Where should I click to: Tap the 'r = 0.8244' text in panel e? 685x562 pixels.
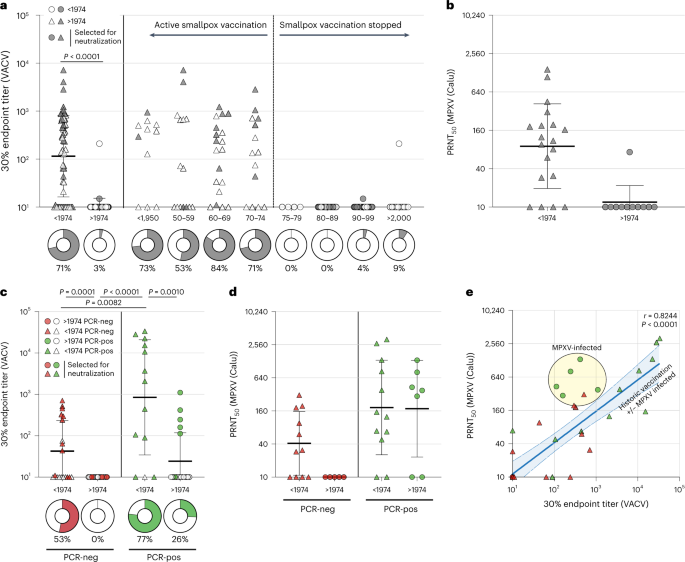click(645, 316)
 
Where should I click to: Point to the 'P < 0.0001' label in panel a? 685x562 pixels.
click(76, 58)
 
